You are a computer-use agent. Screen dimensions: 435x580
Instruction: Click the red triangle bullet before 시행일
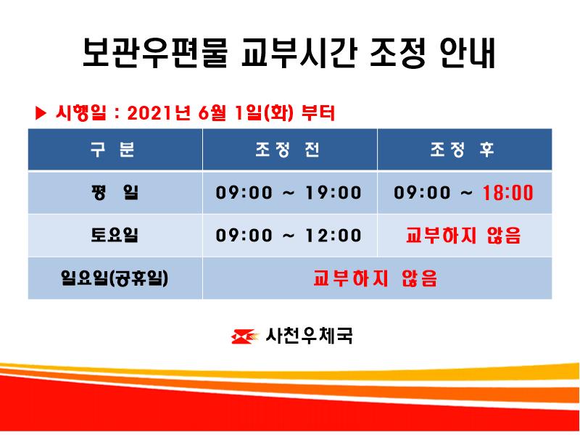click(41, 113)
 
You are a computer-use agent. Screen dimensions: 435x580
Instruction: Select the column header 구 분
click(115, 150)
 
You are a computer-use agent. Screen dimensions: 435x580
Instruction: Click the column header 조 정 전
click(289, 150)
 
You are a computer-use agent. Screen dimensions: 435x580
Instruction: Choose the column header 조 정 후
click(464, 150)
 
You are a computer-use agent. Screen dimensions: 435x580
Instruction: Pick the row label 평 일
click(115, 193)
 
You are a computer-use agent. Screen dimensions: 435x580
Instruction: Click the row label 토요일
click(115, 236)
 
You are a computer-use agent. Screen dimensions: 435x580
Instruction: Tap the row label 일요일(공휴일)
click(115, 278)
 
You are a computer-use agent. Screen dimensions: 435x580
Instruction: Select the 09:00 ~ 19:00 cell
click(289, 193)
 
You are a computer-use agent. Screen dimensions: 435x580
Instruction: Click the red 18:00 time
click(507, 193)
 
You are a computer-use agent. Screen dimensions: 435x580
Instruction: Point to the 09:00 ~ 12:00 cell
click(289, 236)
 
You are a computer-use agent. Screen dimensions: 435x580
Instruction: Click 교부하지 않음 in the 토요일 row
click(464, 236)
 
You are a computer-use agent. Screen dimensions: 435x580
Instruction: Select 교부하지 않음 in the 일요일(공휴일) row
click(376, 278)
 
